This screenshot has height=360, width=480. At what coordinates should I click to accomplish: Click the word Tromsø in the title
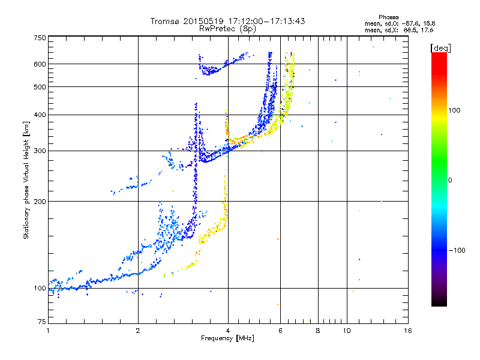(x=166, y=21)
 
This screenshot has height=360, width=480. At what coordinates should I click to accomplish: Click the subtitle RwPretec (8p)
(x=227, y=29)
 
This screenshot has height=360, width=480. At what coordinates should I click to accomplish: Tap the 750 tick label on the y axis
(x=40, y=38)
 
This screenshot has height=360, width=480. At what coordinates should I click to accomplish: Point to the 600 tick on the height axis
(x=40, y=64)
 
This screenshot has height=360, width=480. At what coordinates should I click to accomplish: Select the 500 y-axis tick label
(x=40, y=87)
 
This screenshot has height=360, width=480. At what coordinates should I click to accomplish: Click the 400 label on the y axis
(x=40, y=115)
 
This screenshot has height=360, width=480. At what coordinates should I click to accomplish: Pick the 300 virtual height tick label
(x=40, y=151)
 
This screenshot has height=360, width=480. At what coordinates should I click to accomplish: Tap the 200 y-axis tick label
(x=40, y=202)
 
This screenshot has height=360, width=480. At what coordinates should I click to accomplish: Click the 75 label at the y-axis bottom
(x=42, y=322)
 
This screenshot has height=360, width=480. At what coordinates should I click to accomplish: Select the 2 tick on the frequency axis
(x=138, y=331)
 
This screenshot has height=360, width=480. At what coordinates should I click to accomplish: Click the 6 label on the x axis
(x=280, y=331)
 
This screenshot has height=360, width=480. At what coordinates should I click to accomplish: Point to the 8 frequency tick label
(x=318, y=331)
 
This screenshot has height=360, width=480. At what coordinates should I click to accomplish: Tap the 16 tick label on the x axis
(x=408, y=331)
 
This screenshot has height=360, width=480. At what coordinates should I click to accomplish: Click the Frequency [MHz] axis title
(x=227, y=338)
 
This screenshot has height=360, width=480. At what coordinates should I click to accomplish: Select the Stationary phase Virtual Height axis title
(x=26, y=180)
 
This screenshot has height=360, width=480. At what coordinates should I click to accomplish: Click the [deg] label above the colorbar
(x=440, y=48)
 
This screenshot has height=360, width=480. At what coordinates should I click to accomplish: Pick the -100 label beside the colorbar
(x=457, y=250)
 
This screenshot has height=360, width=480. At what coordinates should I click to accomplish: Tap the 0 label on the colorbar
(x=450, y=181)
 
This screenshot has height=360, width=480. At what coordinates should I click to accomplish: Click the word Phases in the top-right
(x=388, y=17)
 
